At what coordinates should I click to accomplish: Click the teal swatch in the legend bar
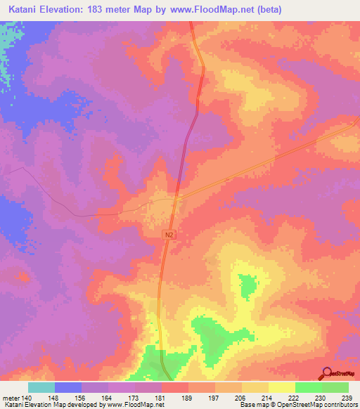(41, 387)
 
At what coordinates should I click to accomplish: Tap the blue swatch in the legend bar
(68, 387)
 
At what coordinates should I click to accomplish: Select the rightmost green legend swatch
(335, 387)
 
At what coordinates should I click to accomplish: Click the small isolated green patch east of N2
(247, 285)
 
